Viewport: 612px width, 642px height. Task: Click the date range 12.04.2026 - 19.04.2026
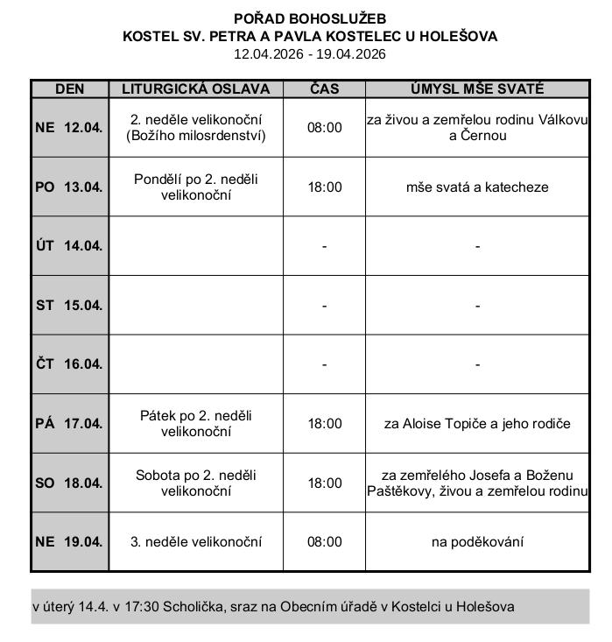(x=310, y=53)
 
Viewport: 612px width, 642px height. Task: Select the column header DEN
(x=69, y=88)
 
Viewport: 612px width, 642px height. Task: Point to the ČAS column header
(x=324, y=88)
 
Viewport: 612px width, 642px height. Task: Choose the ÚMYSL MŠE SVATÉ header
(x=477, y=88)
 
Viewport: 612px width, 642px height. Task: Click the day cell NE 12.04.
(x=69, y=127)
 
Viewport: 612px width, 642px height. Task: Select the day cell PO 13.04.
(x=69, y=187)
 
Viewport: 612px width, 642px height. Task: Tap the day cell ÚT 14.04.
(x=69, y=245)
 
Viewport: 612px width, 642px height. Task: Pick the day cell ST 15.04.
(x=69, y=305)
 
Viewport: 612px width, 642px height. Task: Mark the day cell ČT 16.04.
(x=69, y=363)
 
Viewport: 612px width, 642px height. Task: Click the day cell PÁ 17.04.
(x=69, y=423)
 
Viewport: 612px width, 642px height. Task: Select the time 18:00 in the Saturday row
(x=324, y=483)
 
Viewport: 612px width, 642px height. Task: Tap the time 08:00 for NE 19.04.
(x=324, y=541)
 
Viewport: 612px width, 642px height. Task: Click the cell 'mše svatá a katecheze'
(x=477, y=187)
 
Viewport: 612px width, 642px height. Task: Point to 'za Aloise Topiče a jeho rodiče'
(x=477, y=423)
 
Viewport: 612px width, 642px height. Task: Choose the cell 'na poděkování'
(x=477, y=541)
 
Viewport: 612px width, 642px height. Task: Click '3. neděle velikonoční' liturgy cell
(x=195, y=541)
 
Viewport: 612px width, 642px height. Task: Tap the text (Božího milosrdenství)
(x=195, y=135)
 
